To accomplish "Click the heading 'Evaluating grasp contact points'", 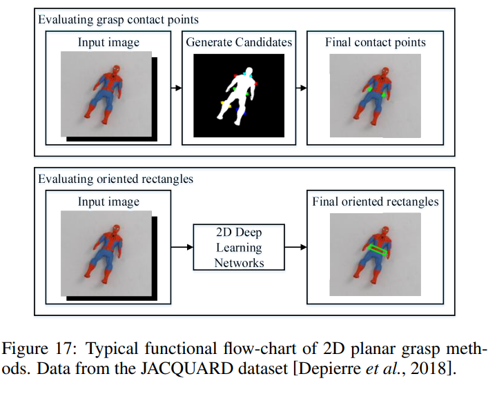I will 118,20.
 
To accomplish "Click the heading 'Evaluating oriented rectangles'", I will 115,179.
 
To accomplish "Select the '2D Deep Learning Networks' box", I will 239,246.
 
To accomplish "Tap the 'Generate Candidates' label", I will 239,42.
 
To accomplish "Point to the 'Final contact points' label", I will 376,42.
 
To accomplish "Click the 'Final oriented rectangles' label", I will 376,201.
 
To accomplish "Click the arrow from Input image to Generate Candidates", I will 174,88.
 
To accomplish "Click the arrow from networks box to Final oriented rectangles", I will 296,246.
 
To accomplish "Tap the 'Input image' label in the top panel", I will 109,42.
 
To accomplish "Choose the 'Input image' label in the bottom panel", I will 109,201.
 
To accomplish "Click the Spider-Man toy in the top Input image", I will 104,93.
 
